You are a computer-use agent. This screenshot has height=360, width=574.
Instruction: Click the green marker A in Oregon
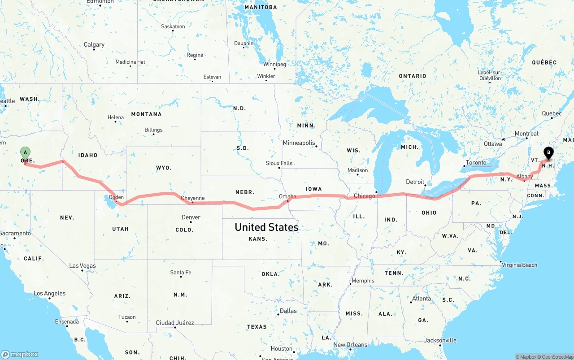(26, 153)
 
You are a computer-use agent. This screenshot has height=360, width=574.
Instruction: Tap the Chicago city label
(364, 196)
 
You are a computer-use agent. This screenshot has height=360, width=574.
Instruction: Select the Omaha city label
(287, 196)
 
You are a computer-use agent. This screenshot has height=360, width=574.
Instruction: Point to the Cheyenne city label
(192, 198)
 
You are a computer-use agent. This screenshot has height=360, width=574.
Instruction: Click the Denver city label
(191, 217)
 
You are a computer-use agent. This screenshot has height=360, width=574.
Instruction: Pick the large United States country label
(266, 227)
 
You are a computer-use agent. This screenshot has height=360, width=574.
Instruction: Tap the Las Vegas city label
(83, 266)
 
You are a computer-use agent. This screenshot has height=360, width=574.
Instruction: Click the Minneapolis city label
(299, 143)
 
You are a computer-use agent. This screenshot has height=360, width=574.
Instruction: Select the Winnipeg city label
(274, 65)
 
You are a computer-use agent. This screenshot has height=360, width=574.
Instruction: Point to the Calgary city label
(94, 45)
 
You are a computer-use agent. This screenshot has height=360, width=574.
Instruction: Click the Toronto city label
(476, 163)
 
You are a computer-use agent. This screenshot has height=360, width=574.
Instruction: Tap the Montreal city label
(526, 134)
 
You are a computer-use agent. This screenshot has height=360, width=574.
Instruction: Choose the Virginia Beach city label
(520, 265)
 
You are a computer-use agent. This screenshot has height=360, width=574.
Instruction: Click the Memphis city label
(363, 281)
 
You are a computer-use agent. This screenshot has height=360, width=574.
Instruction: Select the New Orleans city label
(350, 345)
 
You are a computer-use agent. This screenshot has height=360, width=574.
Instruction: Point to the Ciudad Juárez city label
(175, 323)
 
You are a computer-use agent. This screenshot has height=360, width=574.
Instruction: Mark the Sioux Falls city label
(279, 163)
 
